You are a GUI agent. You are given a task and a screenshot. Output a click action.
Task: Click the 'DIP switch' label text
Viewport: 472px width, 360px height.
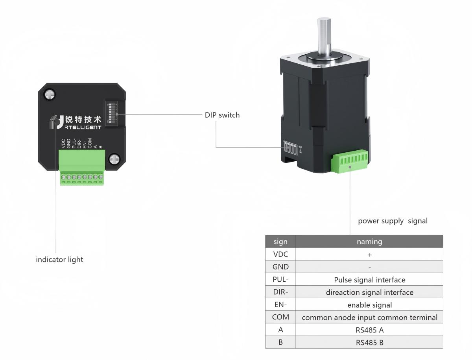tap(222, 115)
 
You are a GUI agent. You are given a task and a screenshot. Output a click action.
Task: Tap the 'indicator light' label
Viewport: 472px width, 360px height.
tap(59, 260)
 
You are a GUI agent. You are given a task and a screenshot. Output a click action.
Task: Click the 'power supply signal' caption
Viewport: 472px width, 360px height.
tap(392, 221)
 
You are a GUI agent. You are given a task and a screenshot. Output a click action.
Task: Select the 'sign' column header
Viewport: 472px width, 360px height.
tap(280, 242)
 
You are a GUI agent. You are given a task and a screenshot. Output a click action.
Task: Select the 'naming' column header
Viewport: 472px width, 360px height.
tap(369, 242)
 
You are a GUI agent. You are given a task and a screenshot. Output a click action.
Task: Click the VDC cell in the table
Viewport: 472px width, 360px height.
tap(280, 254)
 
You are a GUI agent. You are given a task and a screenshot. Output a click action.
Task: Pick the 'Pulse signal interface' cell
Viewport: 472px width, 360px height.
tap(369, 280)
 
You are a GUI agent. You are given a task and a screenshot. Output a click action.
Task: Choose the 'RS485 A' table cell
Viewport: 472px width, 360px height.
tap(369, 330)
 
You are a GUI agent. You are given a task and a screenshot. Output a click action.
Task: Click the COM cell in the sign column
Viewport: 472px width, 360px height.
tap(280, 317)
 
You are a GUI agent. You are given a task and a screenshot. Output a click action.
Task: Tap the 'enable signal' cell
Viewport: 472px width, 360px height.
tap(369, 305)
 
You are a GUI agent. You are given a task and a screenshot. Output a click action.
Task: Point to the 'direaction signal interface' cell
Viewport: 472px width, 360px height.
tap(369, 292)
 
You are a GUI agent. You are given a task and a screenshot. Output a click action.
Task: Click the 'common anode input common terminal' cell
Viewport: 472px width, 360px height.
tap(369, 317)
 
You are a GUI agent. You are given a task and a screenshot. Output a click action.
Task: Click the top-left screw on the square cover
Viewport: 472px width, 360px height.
tap(50, 94)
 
